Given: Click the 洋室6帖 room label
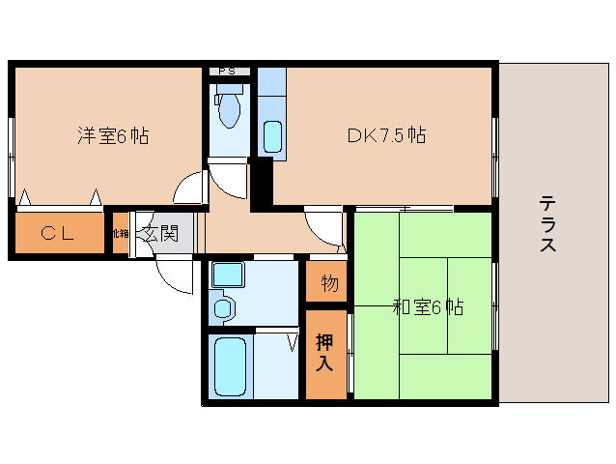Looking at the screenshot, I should pyautogui.click(x=113, y=136).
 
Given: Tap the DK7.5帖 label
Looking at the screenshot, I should pyautogui.click(x=386, y=136).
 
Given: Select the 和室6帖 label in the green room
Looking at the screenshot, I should pyautogui.click(x=428, y=307).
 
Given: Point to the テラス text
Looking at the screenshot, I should pyautogui.click(x=547, y=225).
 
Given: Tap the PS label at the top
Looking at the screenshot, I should pyautogui.click(x=229, y=72).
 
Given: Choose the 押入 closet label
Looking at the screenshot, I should pyautogui.click(x=324, y=353).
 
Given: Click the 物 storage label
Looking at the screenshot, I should pyautogui.click(x=329, y=283).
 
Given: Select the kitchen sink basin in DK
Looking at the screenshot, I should pyautogui.click(x=271, y=136).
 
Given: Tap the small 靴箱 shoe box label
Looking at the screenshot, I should pyautogui.click(x=120, y=234).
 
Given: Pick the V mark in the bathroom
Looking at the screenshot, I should pyautogui.click(x=291, y=340).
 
